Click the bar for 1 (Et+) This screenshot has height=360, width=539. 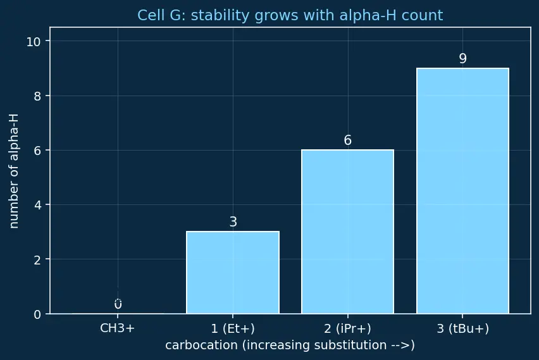(233, 272)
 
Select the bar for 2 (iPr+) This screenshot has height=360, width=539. (347, 232)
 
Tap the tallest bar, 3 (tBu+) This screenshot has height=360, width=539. (462, 191)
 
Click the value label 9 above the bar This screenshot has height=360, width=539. (463, 58)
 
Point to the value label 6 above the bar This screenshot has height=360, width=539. (347, 140)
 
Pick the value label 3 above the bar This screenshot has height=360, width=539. (233, 222)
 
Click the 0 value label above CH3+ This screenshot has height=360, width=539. (118, 304)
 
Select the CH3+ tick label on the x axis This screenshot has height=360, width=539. (118, 328)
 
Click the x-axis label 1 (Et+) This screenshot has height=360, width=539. (233, 329)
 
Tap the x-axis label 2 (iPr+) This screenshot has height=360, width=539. (347, 329)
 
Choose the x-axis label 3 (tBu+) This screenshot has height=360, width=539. (462, 329)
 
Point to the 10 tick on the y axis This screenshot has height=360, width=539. (34, 42)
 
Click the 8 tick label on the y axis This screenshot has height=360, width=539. (37, 96)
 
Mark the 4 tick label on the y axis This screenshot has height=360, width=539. (37, 205)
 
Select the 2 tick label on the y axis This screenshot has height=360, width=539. (37, 260)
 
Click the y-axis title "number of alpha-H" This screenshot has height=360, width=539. (14, 171)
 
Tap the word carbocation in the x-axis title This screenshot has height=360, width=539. (201, 345)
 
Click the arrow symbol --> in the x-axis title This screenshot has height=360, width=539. (400, 345)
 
